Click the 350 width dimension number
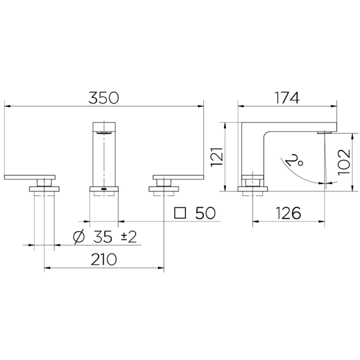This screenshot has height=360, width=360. [x=104, y=98]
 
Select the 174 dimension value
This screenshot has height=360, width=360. [x=287, y=98]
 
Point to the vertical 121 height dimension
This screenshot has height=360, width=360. [x=217, y=157]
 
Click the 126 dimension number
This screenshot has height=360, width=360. [x=288, y=213]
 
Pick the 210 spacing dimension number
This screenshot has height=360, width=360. [x=104, y=259]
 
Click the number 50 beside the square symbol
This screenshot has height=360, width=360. [x=205, y=213]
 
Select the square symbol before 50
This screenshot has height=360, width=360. [x=180, y=213]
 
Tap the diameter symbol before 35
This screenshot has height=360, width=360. [x=79, y=237]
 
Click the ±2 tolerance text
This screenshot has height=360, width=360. [x=128, y=237]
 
